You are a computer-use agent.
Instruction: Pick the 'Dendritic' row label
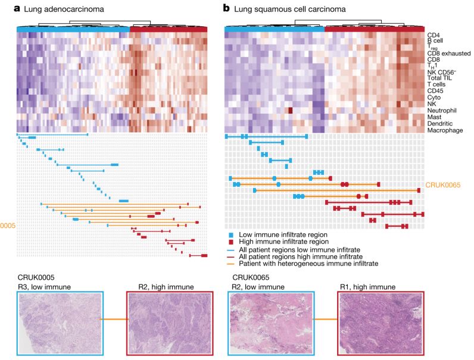pyautogui.click(x=441, y=123)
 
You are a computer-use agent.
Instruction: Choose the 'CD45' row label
pyautogui.click(x=436, y=91)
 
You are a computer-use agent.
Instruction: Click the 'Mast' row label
pyautogui.click(x=435, y=117)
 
